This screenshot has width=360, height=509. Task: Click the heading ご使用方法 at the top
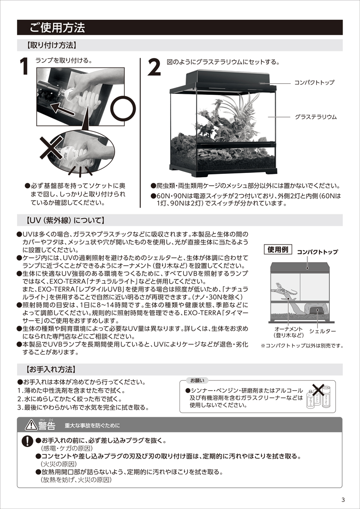(x=57, y=28)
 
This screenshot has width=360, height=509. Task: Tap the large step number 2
(x=154, y=68)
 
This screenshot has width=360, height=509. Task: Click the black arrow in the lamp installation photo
(x=63, y=109)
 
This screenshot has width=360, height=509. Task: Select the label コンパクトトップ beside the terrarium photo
(x=314, y=82)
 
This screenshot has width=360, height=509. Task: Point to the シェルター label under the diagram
(x=323, y=331)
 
